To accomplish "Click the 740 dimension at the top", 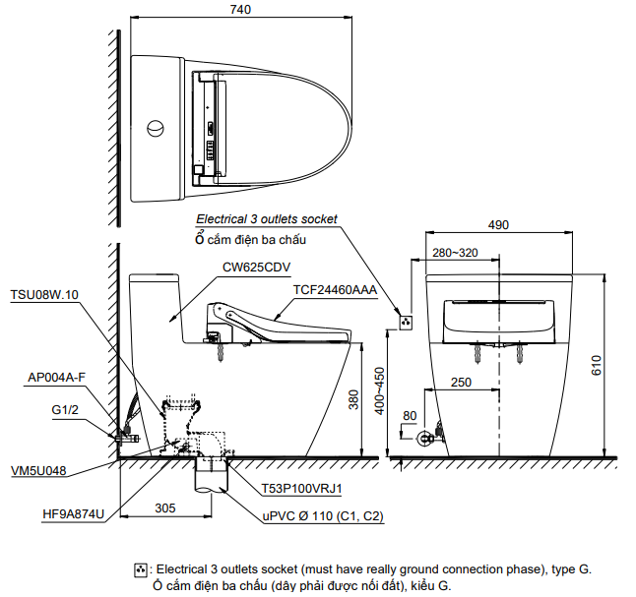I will [x=240, y=10].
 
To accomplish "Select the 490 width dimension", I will [x=498, y=225].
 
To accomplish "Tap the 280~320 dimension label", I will [x=455, y=253].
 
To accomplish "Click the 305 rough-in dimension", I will [x=165, y=508].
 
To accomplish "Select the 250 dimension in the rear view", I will [x=460, y=383].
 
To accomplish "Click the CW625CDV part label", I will [x=255, y=267].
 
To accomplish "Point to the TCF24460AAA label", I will [x=335, y=289].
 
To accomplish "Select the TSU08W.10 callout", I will [x=44, y=294].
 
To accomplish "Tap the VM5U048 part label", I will [x=39, y=471].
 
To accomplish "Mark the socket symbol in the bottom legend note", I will [x=141, y=569].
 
